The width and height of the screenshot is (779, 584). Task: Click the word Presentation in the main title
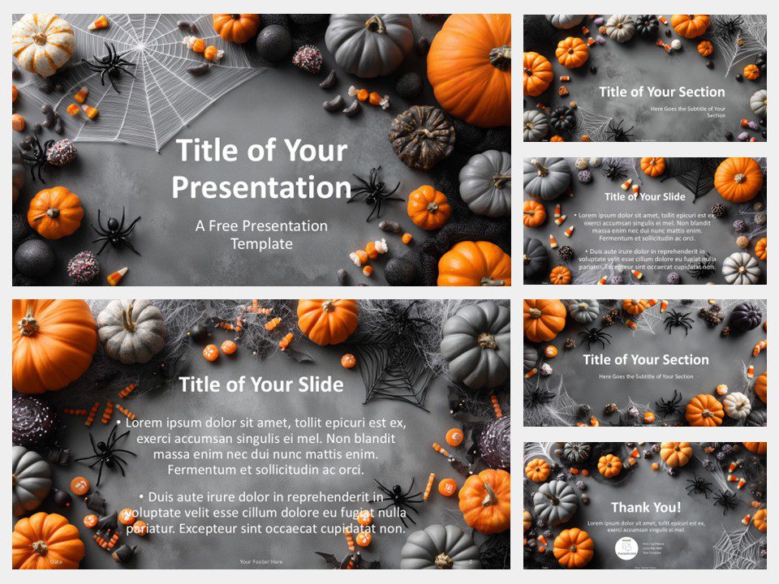tap(261, 187)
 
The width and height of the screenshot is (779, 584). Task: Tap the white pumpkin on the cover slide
tap(42, 44)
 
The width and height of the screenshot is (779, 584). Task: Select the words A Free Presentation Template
tap(261, 234)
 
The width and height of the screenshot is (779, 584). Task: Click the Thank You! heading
tap(646, 507)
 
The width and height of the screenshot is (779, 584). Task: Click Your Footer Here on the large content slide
tap(260, 561)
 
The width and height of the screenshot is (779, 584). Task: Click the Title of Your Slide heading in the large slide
tap(260, 384)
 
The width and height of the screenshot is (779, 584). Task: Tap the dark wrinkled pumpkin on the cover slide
tap(421, 135)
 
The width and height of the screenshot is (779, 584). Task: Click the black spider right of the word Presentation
tap(375, 191)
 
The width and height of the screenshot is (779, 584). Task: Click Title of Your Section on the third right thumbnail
tap(646, 359)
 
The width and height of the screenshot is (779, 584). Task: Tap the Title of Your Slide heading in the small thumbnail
tap(645, 196)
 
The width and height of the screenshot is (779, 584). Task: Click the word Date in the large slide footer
tap(55, 561)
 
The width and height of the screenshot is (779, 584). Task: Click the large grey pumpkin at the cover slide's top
tap(369, 45)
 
